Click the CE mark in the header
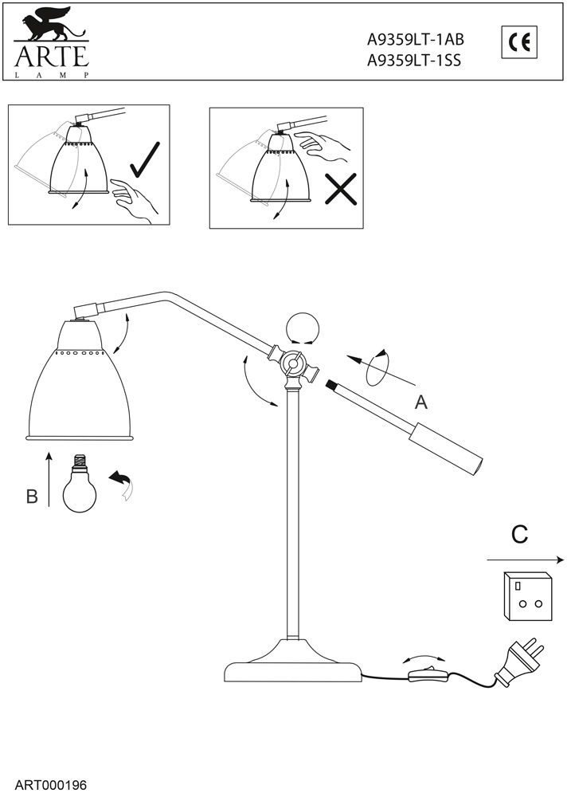[x=519, y=41]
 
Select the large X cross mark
[x=341, y=190]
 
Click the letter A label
[x=420, y=402]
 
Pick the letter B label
[x=32, y=496]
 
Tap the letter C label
[x=519, y=535]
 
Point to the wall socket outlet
[x=528, y=595]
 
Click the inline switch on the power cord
[x=427, y=677]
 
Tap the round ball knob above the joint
[x=303, y=328]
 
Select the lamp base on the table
[x=292, y=665]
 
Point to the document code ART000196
[x=50, y=784]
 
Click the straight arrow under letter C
[x=525, y=558]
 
